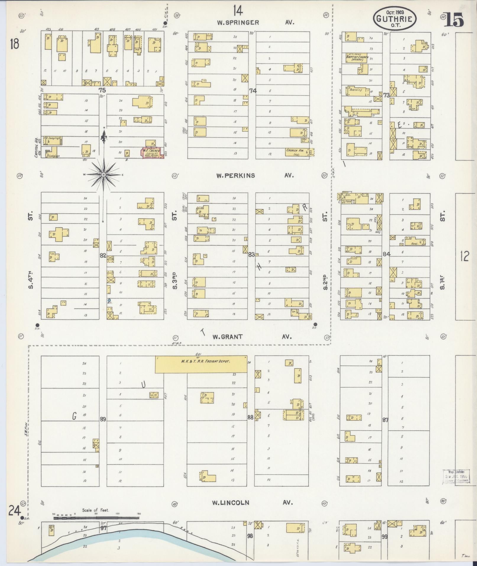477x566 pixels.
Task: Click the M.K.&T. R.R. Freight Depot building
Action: (201, 364)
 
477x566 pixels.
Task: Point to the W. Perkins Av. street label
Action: (255, 175)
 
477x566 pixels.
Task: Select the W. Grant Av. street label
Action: (252, 337)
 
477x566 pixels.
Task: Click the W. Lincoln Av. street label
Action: (252, 502)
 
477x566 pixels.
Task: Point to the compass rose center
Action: (104, 175)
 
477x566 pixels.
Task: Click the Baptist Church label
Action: (357, 58)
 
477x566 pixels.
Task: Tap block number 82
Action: (103, 256)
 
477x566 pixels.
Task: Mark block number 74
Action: (253, 91)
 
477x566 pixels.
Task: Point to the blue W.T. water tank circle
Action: (109, 300)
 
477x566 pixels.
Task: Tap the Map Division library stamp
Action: (457, 477)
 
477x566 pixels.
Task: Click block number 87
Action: (385, 420)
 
